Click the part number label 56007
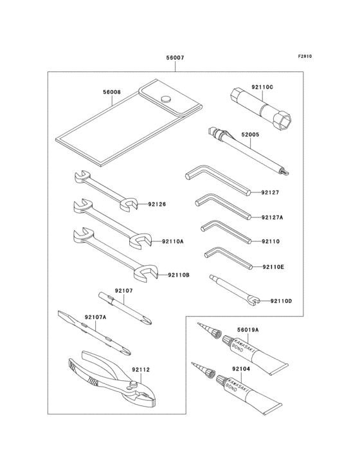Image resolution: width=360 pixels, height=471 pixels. click(175, 58)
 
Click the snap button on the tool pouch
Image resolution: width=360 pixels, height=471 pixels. click(166, 99)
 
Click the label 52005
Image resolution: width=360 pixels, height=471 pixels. click(250, 136)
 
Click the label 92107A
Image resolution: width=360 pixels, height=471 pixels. click(96, 317)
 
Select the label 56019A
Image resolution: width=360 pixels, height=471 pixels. click(247, 329)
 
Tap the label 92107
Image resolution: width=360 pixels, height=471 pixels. click(124, 291)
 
